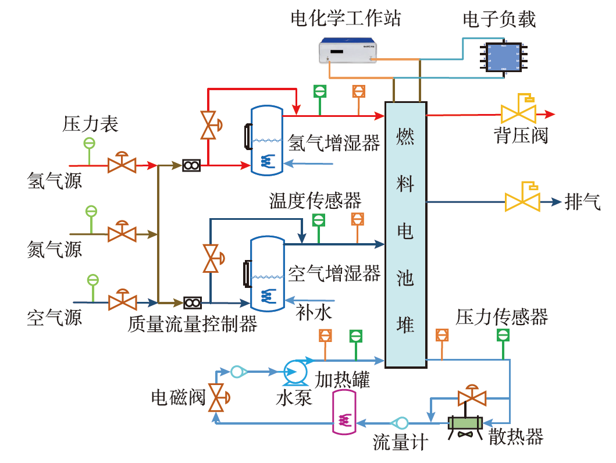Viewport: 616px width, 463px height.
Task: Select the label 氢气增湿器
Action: (x=334, y=143)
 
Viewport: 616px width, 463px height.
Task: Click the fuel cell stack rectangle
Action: (x=405, y=234)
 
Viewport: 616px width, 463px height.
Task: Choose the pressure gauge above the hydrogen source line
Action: (x=89, y=144)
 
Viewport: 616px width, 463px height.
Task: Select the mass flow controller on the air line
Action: (x=193, y=303)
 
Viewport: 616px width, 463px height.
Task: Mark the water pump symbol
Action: (x=295, y=372)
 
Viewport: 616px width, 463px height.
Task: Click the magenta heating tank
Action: (x=344, y=412)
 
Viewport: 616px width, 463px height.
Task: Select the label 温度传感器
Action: (x=315, y=201)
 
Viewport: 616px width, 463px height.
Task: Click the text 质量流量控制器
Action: (x=193, y=323)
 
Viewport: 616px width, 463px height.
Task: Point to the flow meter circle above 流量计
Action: (x=400, y=423)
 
